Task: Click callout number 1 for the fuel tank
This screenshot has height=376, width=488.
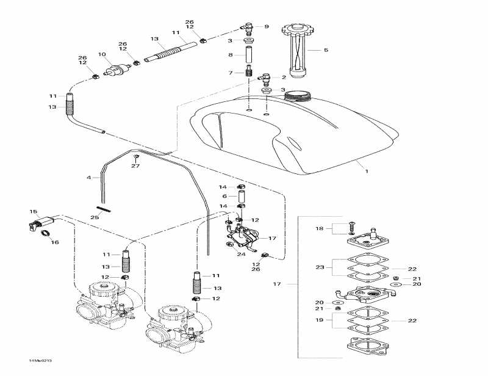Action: pos(367,172)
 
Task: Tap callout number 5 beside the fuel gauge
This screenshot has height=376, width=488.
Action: pos(326,49)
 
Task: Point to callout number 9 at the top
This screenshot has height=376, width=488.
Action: pos(266,27)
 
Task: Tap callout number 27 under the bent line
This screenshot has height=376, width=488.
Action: pos(135,166)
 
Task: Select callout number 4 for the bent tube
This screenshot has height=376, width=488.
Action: pos(89,178)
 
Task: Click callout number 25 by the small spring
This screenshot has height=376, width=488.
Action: pos(95,217)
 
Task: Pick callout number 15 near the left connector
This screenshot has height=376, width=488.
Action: pos(34,212)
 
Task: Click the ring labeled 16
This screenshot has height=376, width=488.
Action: pos(45,234)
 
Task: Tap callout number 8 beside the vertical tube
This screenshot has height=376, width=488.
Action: pos(231,55)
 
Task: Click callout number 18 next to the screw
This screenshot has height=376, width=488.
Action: pos(319,228)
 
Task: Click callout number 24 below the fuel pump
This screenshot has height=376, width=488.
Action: pos(242,254)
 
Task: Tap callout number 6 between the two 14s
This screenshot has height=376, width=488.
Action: pos(224,196)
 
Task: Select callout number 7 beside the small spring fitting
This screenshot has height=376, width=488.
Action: pos(231,73)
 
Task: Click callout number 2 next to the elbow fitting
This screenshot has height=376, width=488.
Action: pos(284,78)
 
